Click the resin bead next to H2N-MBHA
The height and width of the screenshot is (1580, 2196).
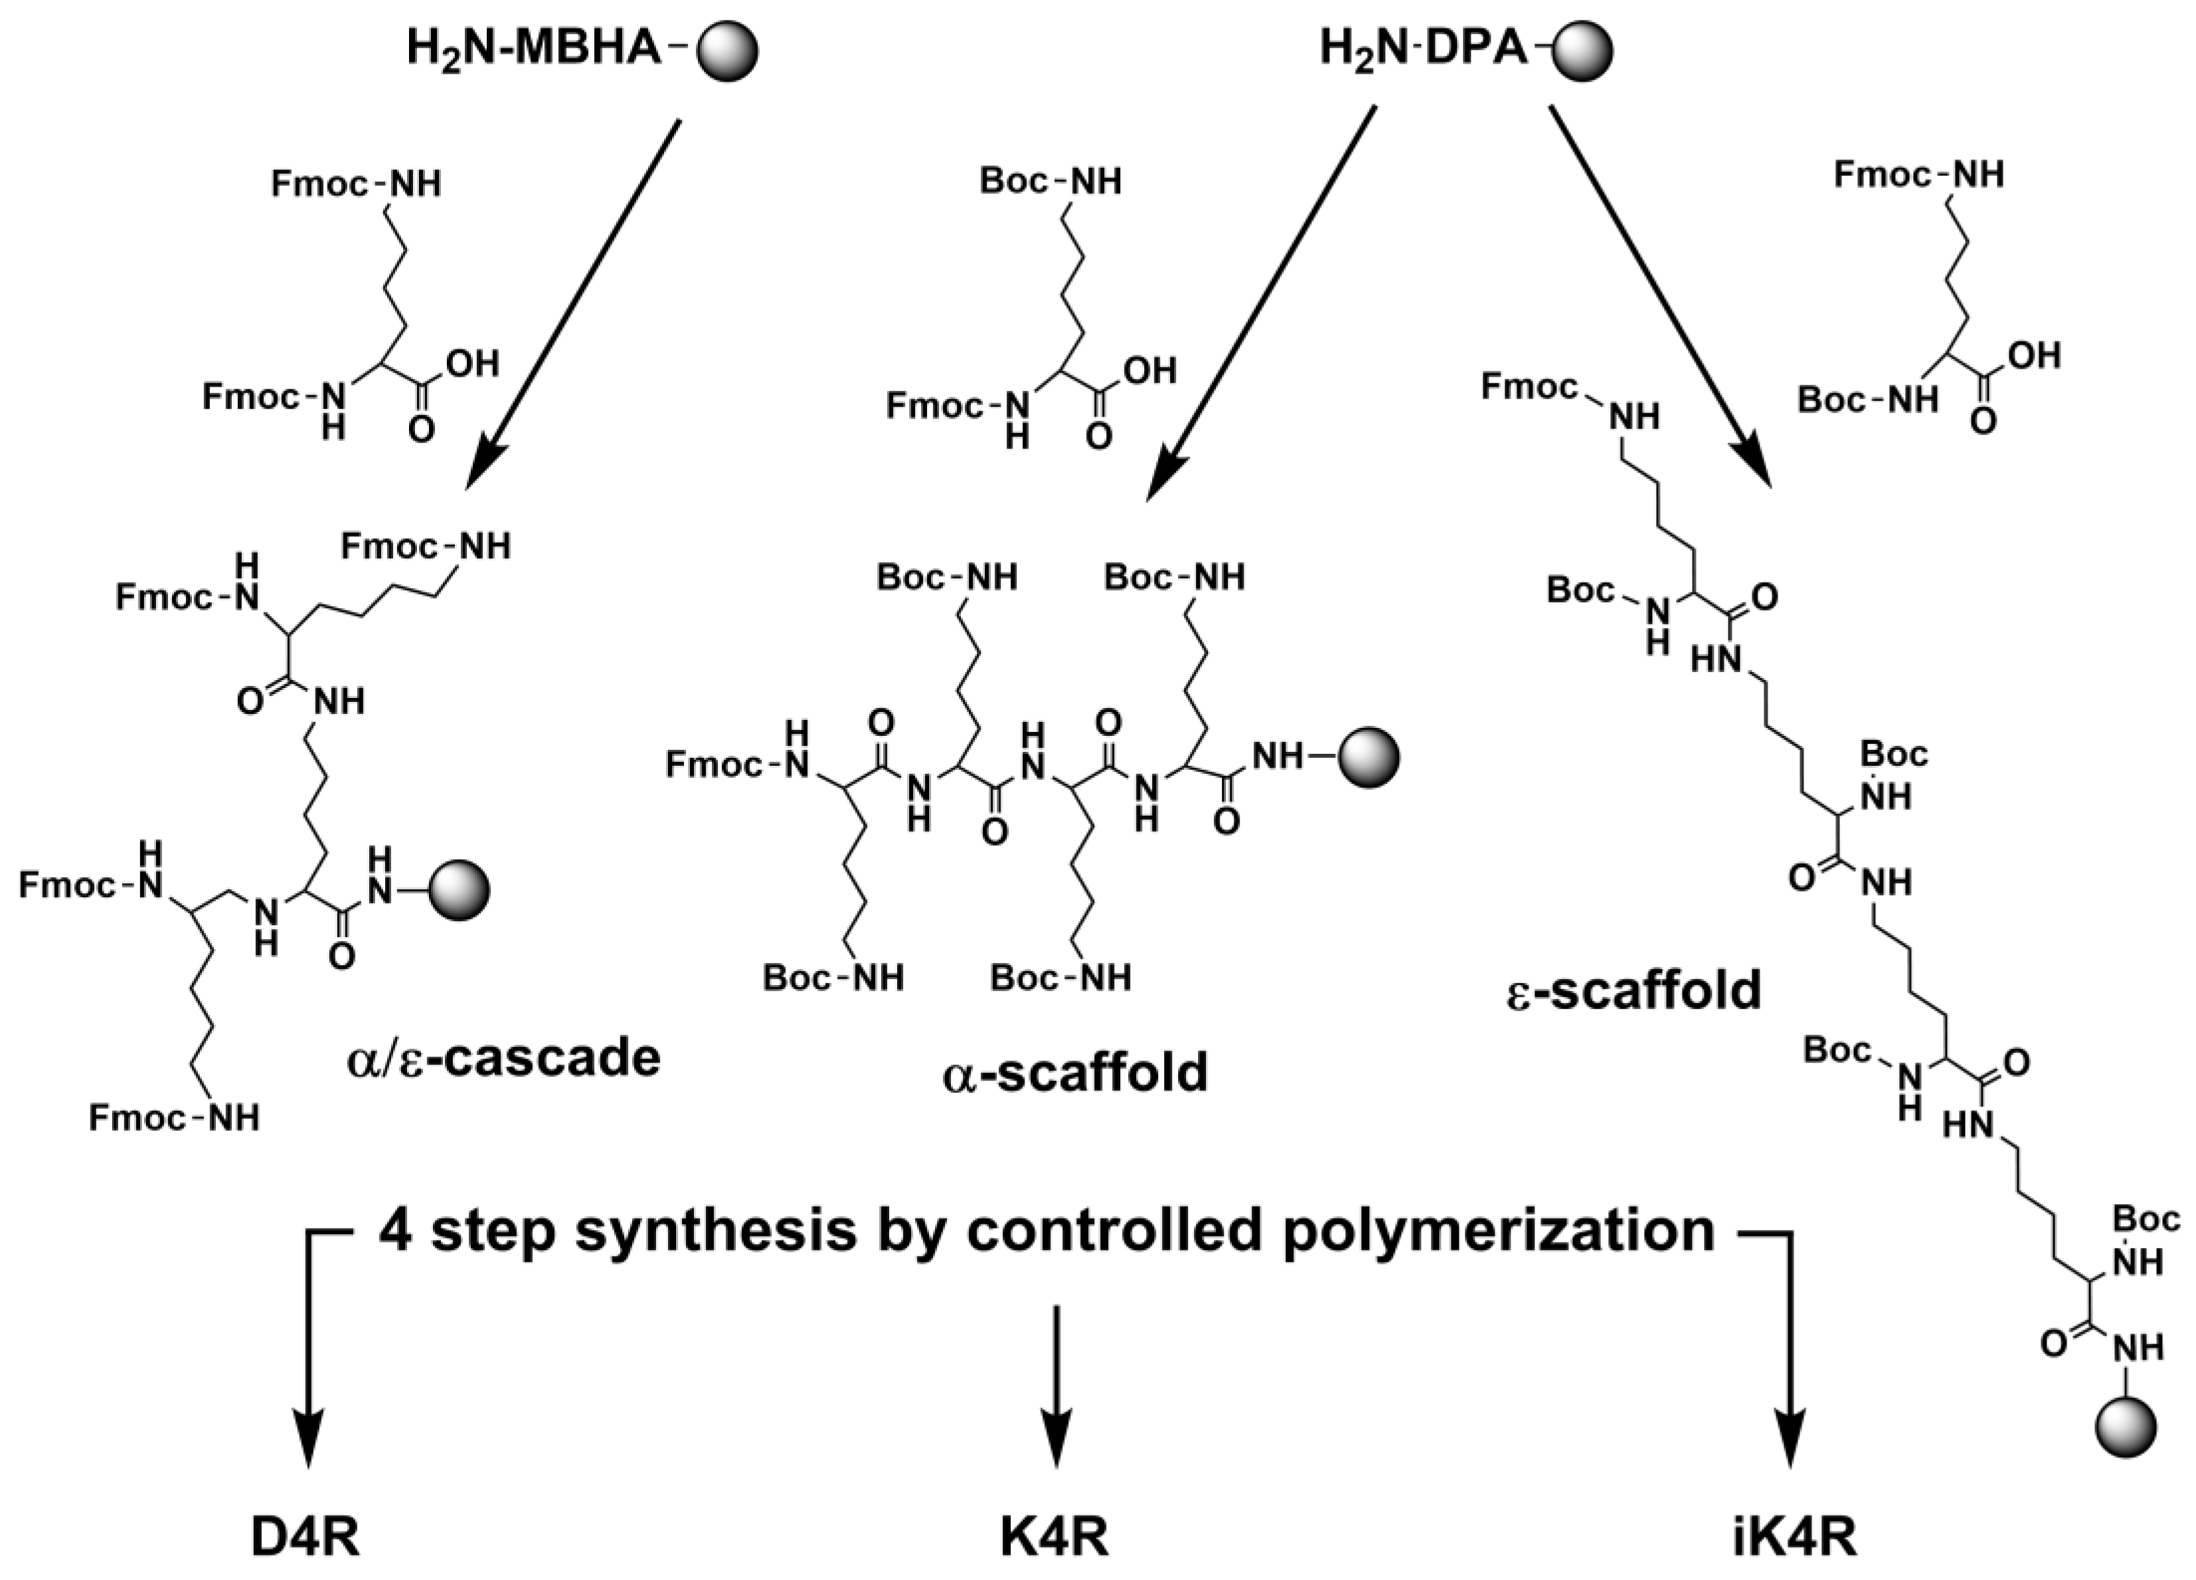pos(727,50)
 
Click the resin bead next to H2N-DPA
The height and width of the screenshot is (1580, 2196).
pos(1580,50)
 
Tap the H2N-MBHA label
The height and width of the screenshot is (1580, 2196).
pos(533,48)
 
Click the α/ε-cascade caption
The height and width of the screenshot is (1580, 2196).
pos(503,1058)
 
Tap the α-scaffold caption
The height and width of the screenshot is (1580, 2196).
pos(1075,1073)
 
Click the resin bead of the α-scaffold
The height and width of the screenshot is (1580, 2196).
pos(1368,757)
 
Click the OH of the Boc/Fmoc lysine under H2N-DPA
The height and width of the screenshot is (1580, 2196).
pos(2034,356)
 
